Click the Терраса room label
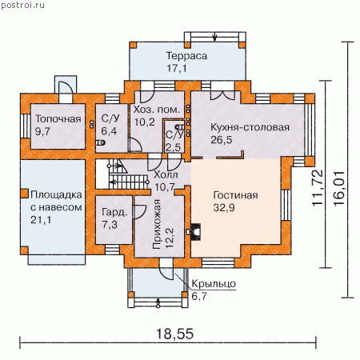186,56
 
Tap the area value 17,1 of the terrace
177,68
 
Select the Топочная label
58,119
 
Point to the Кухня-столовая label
250,127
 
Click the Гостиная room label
235,195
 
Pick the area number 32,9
224,207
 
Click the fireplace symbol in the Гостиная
194,232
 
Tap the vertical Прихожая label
157,224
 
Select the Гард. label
114,213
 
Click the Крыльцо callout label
214,284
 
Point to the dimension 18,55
174,334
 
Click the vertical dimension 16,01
339,188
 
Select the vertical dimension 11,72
318,188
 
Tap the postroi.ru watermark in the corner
22,5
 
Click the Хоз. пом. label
157,110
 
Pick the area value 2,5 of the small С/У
173,147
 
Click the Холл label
166,175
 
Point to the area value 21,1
41,220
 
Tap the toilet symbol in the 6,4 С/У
101,142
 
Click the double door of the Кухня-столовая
222,95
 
